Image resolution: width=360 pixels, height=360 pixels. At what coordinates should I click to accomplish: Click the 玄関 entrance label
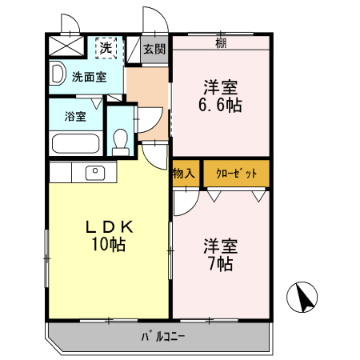coord(154,49)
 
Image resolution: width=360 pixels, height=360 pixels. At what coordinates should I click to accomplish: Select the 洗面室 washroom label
coord(88,78)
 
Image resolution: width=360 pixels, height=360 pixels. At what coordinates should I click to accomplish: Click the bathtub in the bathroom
coord(75,145)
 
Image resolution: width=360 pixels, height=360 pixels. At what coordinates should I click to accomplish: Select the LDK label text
coord(108,227)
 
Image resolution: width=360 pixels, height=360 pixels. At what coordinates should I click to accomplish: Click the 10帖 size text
coord(108,246)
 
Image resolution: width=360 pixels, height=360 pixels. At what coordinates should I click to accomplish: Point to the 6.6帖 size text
coord(220,104)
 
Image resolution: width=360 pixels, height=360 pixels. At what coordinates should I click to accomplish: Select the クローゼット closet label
coord(236,174)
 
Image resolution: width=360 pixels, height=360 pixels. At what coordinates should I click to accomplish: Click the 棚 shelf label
coord(221,42)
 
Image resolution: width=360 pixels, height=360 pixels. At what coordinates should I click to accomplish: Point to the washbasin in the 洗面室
coord(58,75)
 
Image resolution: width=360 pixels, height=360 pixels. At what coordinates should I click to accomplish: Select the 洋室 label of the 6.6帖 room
coord(220,86)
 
